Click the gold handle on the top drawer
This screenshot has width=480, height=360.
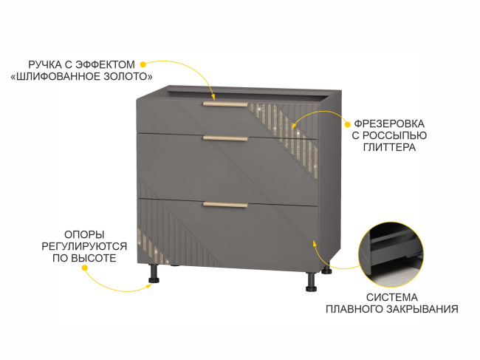(x=225, y=105)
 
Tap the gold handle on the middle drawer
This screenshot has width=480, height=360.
(x=225, y=138)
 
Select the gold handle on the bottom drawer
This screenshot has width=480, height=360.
(x=225, y=205)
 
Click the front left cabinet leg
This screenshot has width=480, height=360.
(x=154, y=274)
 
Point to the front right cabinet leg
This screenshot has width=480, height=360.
(x=312, y=282)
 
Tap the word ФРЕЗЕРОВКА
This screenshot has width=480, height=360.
(x=389, y=123)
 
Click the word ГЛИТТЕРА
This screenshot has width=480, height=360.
(x=389, y=147)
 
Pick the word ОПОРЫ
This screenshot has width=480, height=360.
(x=84, y=234)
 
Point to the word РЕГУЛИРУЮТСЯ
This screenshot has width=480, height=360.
(x=84, y=246)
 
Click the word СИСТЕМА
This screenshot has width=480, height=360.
(x=392, y=297)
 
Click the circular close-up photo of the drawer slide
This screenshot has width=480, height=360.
(x=391, y=254)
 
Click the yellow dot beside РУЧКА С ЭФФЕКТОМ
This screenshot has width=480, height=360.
(x=143, y=64)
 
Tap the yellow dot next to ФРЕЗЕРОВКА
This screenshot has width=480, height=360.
(x=347, y=124)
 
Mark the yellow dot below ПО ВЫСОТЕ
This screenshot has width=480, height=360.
(x=85, y=268)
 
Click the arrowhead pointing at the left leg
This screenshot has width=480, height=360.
(x=149, y=286)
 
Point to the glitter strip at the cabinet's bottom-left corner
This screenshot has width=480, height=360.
(x=152, y=248)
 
